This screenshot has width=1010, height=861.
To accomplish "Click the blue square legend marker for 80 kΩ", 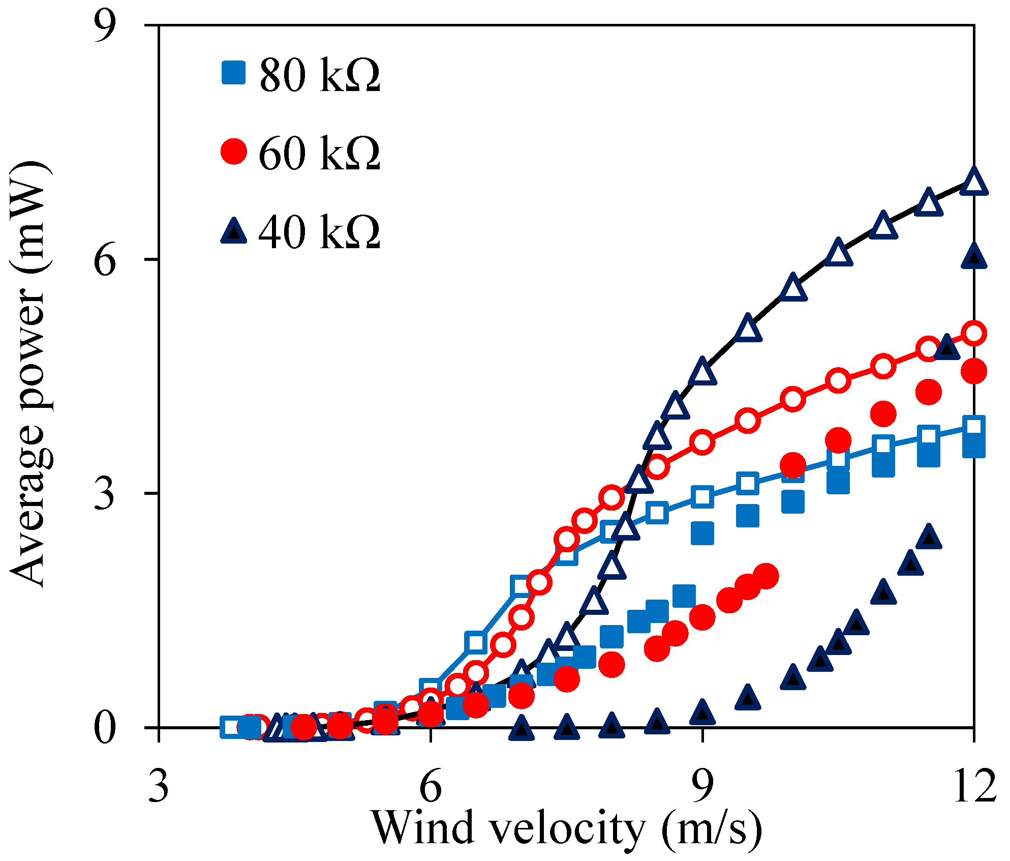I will (x=234, y=73).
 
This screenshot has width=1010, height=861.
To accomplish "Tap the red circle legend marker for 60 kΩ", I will (x=234, y=151).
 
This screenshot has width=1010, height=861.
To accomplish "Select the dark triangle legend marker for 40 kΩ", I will (x=234, y=231).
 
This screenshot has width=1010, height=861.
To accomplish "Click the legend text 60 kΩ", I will (x=320, y=153).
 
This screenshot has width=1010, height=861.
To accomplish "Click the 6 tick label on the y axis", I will (x=105, y=260).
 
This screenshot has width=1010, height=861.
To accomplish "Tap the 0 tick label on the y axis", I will (x=105, y=728).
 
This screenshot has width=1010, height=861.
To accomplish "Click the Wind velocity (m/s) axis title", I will (x=567, y=829).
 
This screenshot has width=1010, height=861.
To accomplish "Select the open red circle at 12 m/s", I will (x=974, y=334).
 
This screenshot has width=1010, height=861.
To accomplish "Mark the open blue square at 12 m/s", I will (x=974, y=426).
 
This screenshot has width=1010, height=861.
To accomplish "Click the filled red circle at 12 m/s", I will (x=974, y=372).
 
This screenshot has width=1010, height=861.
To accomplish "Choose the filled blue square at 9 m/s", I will (x=702, y=533).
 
